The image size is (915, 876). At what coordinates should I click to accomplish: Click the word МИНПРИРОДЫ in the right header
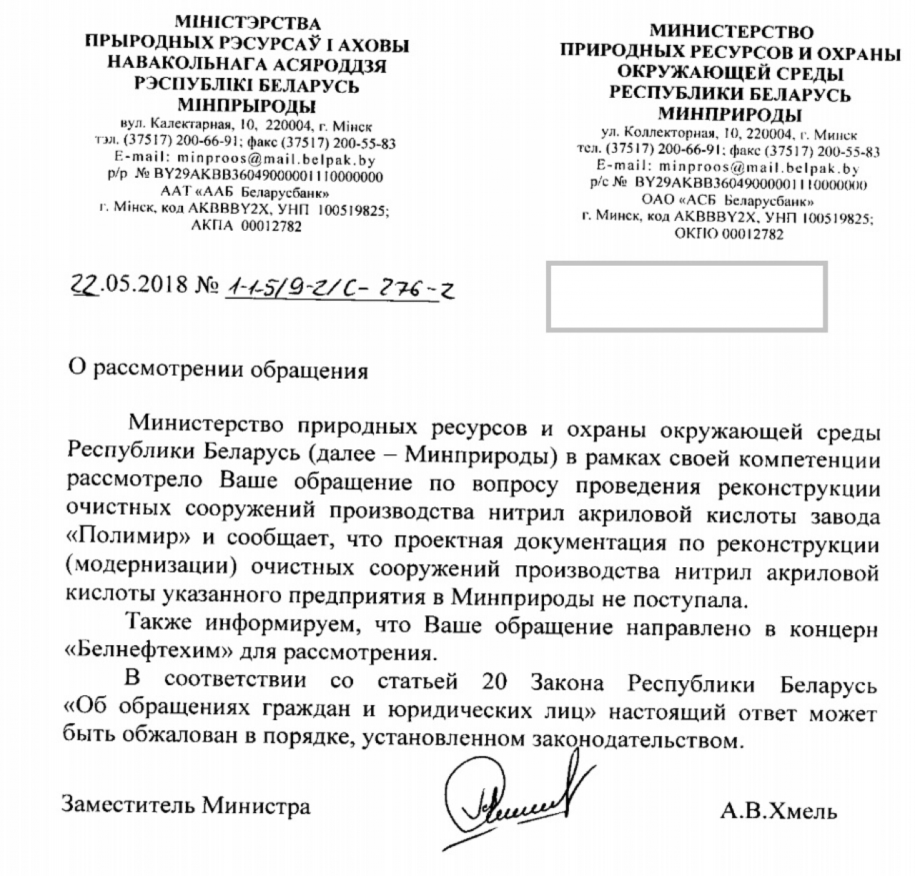pyautogui.click(x=729, y=114)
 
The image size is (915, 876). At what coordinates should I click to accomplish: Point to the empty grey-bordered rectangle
pyautogui.click(x=686, y=297)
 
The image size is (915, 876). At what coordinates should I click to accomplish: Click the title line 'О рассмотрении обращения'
pyautogui.click(x=217, y=370)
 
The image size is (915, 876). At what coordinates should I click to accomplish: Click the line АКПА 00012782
pyautogui.click(x=247, y=227)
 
